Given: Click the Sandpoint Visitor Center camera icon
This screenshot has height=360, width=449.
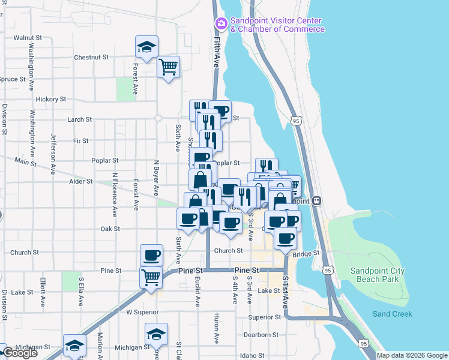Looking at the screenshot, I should click(x=221, y=24).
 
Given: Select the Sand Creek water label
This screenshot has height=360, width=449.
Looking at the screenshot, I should click(x=392, y=314).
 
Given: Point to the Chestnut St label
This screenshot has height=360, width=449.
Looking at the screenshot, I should click(x=91, y=58).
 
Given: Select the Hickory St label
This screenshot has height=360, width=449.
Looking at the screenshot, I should click(x=50, y=99).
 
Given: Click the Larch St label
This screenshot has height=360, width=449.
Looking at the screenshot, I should click(x=79, y=119).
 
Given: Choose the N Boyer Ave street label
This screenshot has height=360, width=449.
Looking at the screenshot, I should click(x=155, y=178).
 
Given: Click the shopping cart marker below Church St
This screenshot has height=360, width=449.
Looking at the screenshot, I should click(x=151, y=277).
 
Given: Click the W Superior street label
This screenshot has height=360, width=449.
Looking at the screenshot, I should click(x=142, y=312).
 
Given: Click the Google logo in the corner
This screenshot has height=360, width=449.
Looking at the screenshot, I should click(x=20, y=353).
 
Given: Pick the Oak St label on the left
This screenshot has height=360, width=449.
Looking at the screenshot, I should click(x=110, y=229).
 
